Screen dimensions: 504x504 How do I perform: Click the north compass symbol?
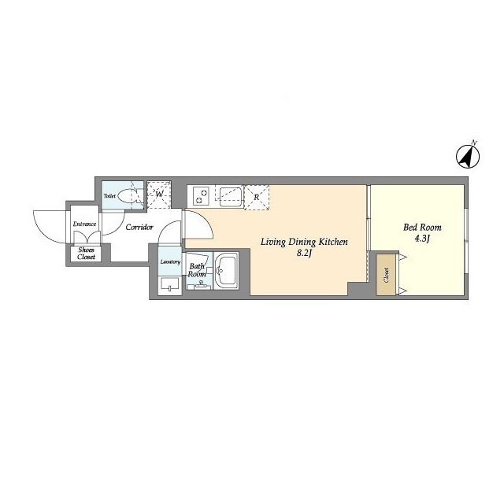468,157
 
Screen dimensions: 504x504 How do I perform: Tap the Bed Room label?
422,228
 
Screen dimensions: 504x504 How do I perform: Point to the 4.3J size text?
422,239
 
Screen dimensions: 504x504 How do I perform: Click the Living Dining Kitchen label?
304,242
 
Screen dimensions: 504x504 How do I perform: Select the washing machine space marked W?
159,195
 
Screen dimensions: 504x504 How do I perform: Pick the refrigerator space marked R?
257,198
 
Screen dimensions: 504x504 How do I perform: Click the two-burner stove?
201,196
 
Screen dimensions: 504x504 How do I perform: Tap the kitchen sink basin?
229,197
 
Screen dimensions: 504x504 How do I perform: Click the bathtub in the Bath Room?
226,271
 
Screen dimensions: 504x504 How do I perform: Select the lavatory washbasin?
170,284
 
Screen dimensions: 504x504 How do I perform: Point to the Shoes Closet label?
86,254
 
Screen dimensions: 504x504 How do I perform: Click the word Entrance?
84,224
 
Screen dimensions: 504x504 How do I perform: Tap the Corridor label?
139,228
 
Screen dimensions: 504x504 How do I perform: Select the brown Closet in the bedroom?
386,275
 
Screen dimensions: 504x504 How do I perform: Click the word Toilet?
109,196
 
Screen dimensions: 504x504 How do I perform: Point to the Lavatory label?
170,262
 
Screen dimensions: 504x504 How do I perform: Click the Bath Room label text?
197,270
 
